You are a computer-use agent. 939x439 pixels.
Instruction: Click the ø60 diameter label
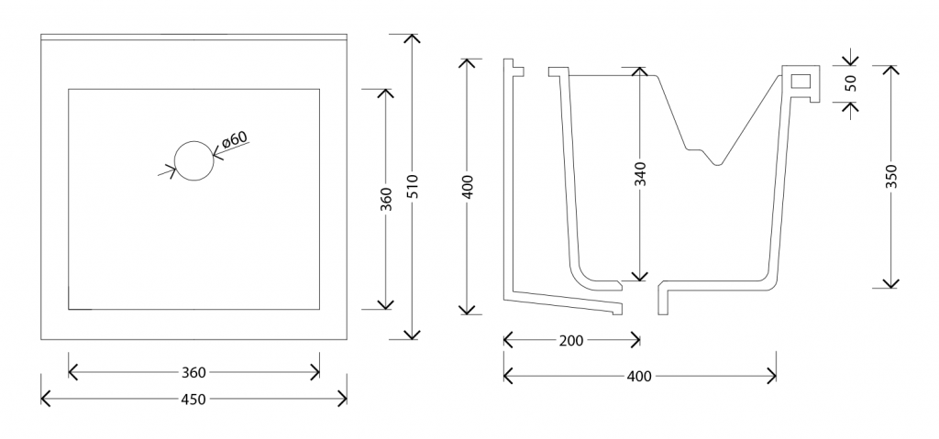coord(235,140)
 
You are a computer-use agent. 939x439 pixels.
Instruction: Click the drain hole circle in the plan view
coord(193,160)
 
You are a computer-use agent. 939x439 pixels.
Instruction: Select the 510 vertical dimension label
coord(413,187)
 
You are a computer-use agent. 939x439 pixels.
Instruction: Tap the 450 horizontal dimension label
coord(193,399)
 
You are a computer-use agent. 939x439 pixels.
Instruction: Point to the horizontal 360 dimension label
coord(193,372)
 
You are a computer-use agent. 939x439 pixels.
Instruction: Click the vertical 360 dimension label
coord(385,199)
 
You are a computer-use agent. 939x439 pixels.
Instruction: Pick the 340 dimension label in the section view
coord(640,174)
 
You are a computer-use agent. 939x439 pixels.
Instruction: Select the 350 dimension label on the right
coord(890,176)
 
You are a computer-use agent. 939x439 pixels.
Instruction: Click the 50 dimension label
coord(850,82)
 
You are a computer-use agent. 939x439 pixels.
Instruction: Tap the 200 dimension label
coord(571,341)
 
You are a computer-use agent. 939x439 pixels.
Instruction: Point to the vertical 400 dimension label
coord(469,187)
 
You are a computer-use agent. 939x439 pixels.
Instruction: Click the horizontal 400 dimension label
coord(639,376)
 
